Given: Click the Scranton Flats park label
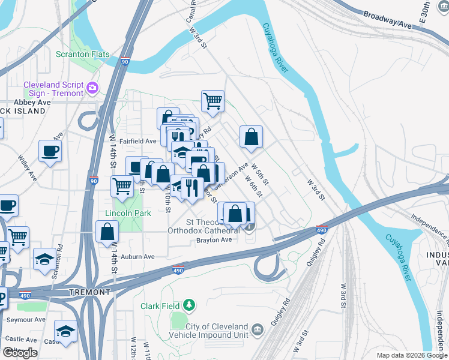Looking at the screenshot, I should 83,54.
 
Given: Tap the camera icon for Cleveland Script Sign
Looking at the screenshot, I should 92,88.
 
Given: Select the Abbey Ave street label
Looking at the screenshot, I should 34,102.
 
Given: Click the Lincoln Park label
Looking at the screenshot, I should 124,213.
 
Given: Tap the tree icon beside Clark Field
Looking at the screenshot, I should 189,306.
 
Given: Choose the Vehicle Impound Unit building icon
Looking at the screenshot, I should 258,330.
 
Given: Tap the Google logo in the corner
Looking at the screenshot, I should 20,353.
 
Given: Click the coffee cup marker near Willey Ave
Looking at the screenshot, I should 50,151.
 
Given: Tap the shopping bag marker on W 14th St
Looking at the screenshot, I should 107,231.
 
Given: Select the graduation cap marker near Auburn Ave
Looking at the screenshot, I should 44,259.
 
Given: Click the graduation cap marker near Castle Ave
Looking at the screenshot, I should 65,332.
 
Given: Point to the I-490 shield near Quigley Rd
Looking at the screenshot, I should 322,229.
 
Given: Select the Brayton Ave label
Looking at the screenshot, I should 214,240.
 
